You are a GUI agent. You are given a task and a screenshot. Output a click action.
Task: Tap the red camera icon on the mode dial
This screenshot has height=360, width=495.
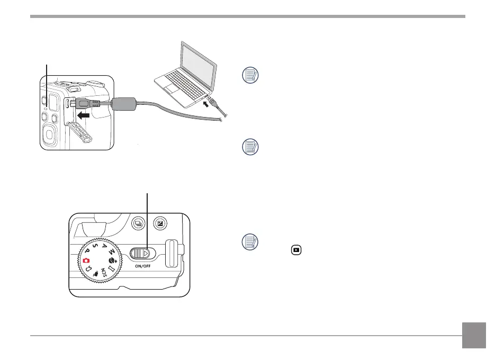coord(86,260)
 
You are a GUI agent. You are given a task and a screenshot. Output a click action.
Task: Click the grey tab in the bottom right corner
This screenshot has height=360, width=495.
coord(474,336)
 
